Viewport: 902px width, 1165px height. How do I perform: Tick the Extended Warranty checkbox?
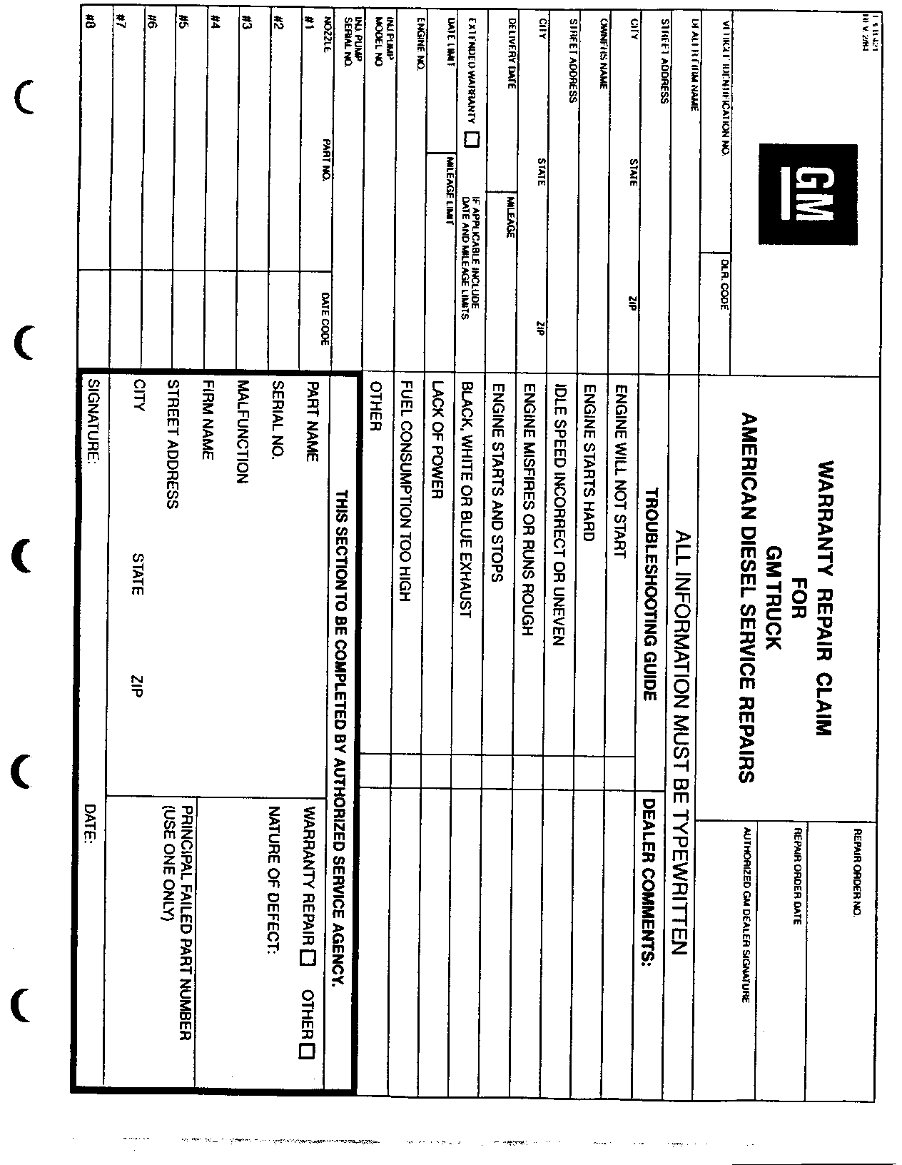[x=471, y=139]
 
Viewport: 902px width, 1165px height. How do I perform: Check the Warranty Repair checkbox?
[x=309, y=959]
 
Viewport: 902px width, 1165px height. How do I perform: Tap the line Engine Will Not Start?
[x=620, y=471]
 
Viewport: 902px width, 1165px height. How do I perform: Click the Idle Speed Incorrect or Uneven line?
[x=559, y=515]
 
